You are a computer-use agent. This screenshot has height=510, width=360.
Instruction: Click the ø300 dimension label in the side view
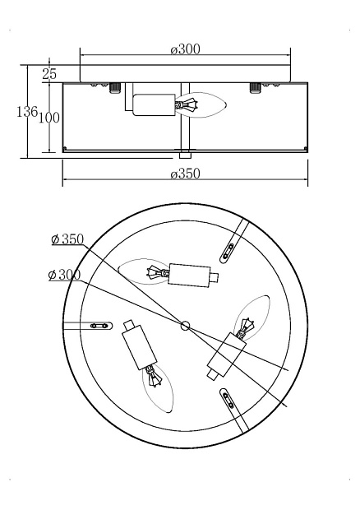(x=185, y=49)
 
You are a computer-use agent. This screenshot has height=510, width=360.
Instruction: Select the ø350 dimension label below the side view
(x=185, y=174)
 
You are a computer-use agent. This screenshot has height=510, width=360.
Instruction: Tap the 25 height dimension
(x=49, y=74)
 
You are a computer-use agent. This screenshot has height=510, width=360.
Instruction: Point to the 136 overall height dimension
(x=27, y=112)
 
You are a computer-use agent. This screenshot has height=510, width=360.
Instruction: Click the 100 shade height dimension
(x=49, y=118)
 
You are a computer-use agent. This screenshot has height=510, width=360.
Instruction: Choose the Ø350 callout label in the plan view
(x=67, y=239)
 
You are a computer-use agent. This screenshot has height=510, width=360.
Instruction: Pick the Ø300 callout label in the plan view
(x=64, y=276)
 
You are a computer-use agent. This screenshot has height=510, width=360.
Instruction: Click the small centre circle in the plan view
(x=185, y=325)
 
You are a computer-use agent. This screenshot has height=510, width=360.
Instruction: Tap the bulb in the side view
(x=201, y=105)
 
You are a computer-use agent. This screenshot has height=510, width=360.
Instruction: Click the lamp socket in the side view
(x=154, y=104)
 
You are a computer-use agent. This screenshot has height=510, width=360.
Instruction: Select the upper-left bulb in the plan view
(x=144, y=271)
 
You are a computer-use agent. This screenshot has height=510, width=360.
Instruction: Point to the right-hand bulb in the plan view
(x=252, y=318)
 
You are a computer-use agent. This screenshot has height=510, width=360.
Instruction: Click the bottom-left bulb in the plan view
(x=158, y=389)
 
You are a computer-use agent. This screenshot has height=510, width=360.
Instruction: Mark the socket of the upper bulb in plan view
(x=189, y=276)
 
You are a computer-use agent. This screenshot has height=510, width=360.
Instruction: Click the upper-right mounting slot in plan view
(x=228, y=252)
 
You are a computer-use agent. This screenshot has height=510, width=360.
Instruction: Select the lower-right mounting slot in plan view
(x=228, y=398)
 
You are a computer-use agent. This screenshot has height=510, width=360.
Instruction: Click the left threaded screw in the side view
(x=115, y=88)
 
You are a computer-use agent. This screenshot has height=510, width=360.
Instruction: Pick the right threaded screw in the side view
(x=255, y=88)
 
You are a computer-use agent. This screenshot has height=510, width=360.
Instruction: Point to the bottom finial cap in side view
(x=185, y=154)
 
